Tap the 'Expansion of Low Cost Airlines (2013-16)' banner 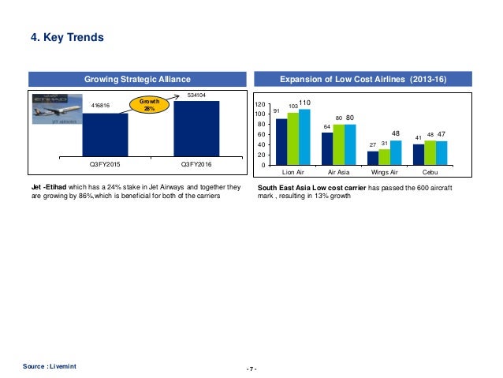pos(363,79)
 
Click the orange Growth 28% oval pos(148,107)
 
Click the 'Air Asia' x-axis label pos(338,170)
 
